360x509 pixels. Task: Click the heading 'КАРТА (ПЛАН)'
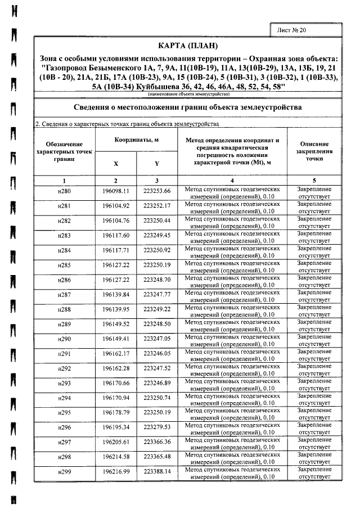tap(188, 45)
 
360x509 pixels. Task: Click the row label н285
tap(64, 265)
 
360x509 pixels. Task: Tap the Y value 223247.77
tap(156, 295)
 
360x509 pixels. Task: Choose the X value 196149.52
tap(115, 325)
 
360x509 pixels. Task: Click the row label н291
tap(64, 354)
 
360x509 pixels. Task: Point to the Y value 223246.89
tap(156, 384)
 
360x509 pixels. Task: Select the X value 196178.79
tap(115, 413)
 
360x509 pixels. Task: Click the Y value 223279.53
tap(156, 427)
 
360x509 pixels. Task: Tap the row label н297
tap(64, 442)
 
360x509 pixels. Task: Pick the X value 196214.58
tap(115, 457)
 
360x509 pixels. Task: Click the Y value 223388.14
tap(156, 471)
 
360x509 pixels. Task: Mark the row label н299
tap(64, 471)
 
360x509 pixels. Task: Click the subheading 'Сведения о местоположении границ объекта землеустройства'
tap(188, 107)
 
